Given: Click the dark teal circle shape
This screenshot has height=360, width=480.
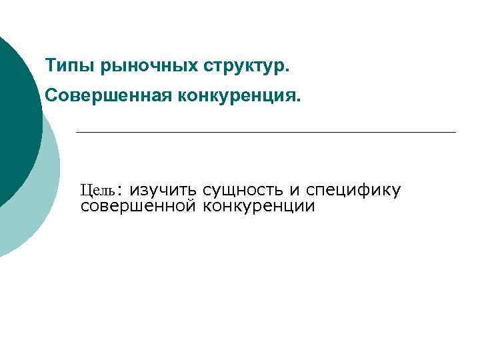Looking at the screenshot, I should coord(13,120).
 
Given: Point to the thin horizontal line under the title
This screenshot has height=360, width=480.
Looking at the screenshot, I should coord(267,132).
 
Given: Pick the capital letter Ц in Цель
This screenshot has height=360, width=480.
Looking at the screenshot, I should coord(85,190).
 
